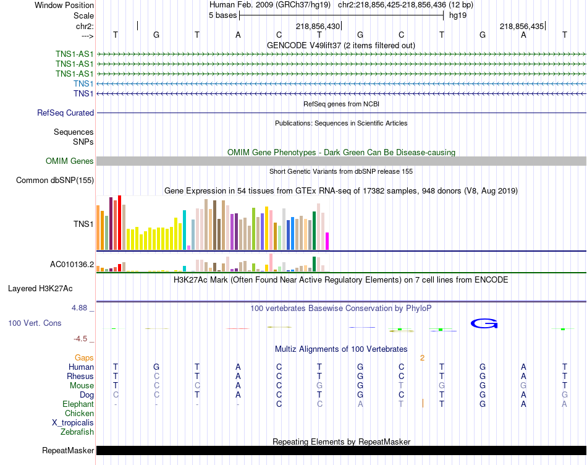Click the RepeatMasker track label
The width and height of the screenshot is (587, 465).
pyautogui.click(x=68, y=450)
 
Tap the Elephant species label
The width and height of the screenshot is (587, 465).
pyautogui.click(x=78, y=404)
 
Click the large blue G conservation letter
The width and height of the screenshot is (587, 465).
pyautogui.click(x=484, y=323)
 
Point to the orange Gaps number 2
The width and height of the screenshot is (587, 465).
pyautogui.click(x=422, y=357)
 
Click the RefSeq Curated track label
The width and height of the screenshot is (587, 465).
pyautogui.click(x=65, y=113)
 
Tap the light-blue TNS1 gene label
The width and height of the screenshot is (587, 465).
pyautogui.click(x=83, y=83)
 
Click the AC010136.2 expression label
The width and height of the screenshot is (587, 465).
pyautogui.click(x=72, y=265)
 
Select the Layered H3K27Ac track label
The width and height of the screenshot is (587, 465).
pyautogui.click(x=40, y=288)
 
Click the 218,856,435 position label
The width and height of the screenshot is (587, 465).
pyautogui.click(x=522, y=27)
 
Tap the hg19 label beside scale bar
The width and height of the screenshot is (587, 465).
pyautogui.click(x=458, y=15)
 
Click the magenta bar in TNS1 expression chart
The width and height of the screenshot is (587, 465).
pyautogui.click(x=327, y=241)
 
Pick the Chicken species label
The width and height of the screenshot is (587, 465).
pyautogui.click(x=80, y=413)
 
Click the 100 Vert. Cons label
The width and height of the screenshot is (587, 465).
pyautogui.click(x=35, y=323)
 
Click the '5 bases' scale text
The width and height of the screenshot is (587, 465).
pyautogui.click(x=222, y=15)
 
